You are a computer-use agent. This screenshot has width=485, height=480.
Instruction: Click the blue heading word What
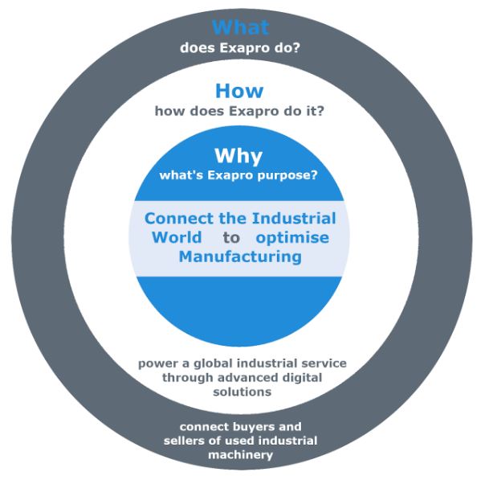(240, 27)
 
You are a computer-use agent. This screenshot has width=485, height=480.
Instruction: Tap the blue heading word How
(239, 91)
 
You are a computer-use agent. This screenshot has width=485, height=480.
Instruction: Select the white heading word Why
(238, 156)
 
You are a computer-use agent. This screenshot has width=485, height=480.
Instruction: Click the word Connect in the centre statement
(179, 219)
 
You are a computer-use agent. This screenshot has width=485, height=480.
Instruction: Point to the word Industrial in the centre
(294, 219)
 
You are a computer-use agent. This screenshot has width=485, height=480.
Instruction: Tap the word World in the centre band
(177, 237)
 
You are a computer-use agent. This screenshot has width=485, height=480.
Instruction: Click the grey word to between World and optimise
(231, 238)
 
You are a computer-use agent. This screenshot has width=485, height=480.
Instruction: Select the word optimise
(292, 238)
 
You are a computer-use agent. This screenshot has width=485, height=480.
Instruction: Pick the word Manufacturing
(240, 257)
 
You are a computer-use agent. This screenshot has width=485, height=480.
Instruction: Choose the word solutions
(243, 392)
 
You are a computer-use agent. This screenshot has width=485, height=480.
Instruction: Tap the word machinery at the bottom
(241, 455)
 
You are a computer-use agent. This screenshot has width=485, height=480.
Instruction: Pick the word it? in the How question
(314, 111)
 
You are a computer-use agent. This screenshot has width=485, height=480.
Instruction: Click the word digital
(303, 378)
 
